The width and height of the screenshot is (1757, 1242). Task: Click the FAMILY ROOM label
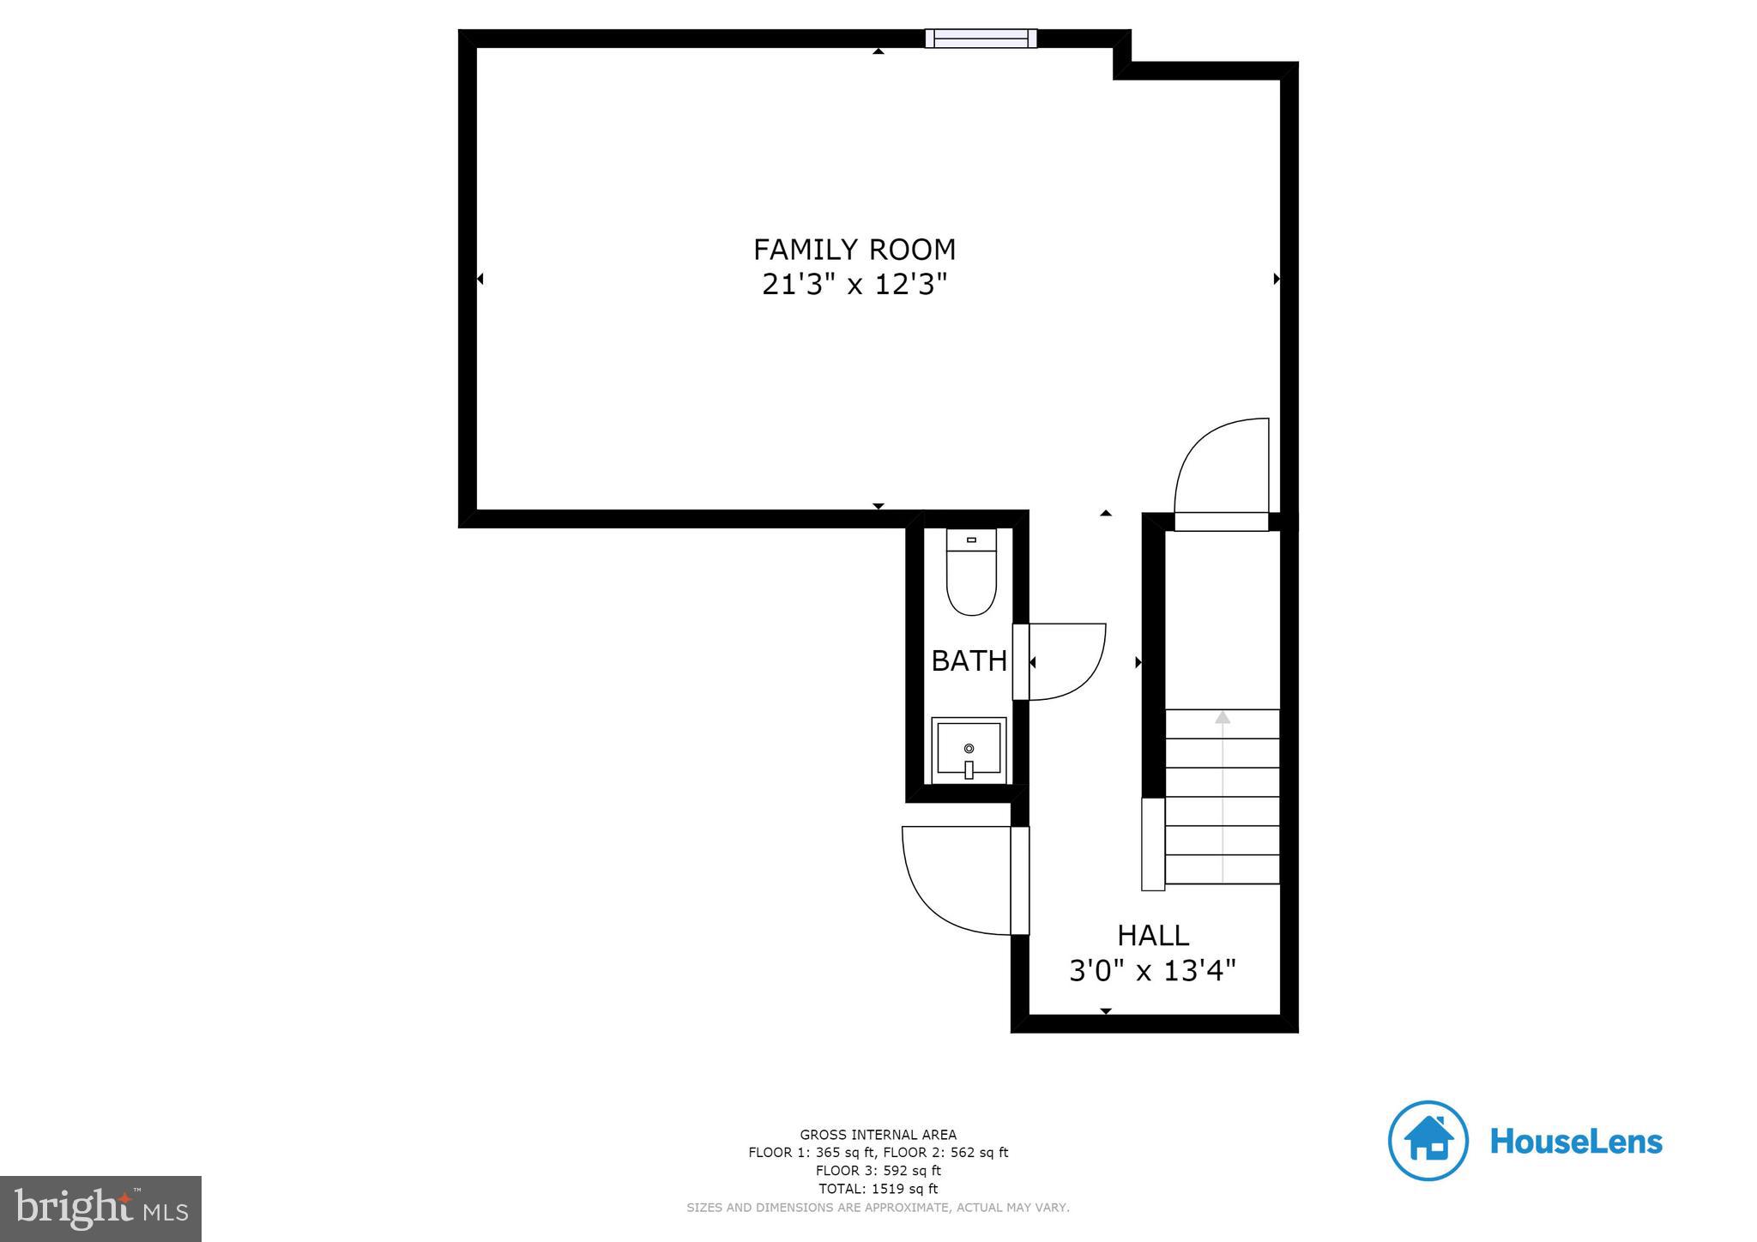pos(854,250)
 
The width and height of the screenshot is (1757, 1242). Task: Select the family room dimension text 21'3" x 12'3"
pos(854,284)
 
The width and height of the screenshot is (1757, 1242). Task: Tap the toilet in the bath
pos(971,573)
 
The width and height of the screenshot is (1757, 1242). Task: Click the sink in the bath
pos(969,750)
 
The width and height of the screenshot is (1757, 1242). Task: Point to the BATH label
pos(969,660)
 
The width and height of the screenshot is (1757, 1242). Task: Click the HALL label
pos(1152,935)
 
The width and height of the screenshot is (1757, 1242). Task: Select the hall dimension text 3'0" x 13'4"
pos(1152,971)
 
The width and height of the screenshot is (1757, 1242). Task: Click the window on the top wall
pos(981,38)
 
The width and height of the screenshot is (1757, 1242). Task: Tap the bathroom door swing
pos(1064,660)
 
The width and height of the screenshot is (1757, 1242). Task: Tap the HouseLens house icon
pos(1428,1141)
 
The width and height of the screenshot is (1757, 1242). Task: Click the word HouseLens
pos(1576,1142)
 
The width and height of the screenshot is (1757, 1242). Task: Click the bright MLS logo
pos(100,1209)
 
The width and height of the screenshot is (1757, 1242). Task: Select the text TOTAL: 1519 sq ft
pos(878,1189)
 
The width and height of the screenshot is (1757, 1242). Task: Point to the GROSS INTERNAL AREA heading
pos(878,1135)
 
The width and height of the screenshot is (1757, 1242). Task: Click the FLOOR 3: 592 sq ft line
pos(878,1171)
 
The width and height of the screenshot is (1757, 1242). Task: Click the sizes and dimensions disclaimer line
pos(878,1208)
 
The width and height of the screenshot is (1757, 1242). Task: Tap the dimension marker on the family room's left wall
pos(480,279)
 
